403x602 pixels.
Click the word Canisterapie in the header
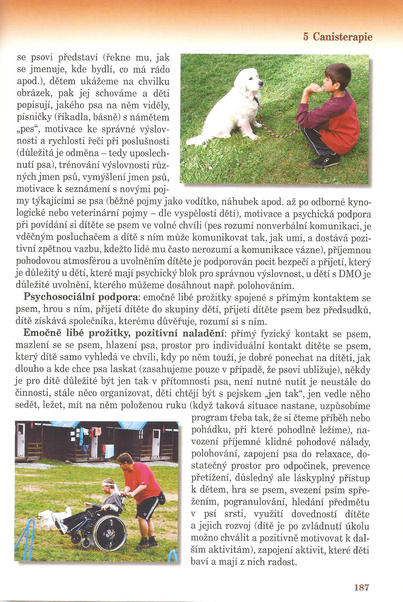pyautogui.click(x=342, y=36)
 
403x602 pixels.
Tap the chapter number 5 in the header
pyautogui.click(x=306, y=36)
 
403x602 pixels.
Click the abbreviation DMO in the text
pyautogui.click(x=350, y=274)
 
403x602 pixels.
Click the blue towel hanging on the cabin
pyautogui.click(x=81, y=437)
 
